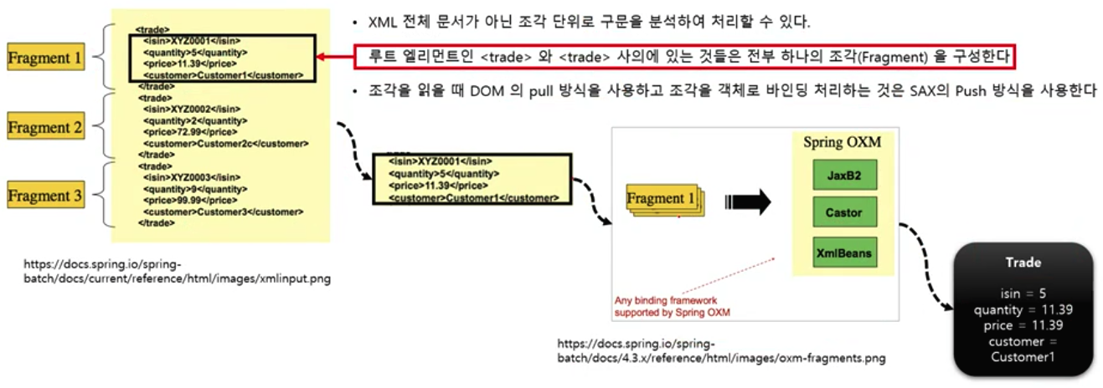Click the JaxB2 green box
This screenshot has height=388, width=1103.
point(843,176)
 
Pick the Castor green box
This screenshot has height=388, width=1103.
point(843,212)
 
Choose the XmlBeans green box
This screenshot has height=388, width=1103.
point(843,252)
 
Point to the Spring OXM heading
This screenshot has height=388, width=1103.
point(842,142)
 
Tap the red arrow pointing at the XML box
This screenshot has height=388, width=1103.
point(335,57)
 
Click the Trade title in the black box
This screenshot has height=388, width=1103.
point(1023,263)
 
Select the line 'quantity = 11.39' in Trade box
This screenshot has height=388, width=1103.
point(1023,310)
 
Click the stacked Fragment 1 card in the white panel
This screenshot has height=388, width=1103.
point(666,200)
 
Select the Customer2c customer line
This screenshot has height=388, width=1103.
point(222,143)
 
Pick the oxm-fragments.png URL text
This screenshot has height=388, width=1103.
point(721,351)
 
